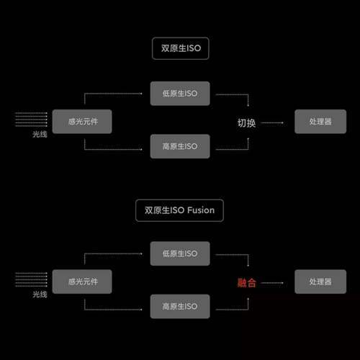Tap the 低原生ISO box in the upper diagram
pyautogui.click(x=180, y=94)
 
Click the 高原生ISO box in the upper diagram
pyautogui.click(x=180, y=146)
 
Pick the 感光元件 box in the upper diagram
pyautogui.click(x=82, y=122)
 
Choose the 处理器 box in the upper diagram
pyautogui.click(x=320, y=122)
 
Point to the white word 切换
pyautogui.click(x=246, y=123)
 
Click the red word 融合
pyautogui.click(x=246, y=283)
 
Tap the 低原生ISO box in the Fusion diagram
pyautogui.click(x=180, y=253)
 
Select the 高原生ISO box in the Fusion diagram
pyautogui.click(x=180, y=306)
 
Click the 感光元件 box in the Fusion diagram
pyautogui.click(x=82, y=282)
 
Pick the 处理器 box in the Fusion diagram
pyautogui.click(x=320, y=282)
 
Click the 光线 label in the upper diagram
pyautogui.click(x=40, y=134)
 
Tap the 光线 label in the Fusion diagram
pyautogui.click(x=40, y=294)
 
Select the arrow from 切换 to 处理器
pyautogui.click(x=272, y=123)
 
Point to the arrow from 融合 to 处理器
pyautogui.click(x=272, y=283)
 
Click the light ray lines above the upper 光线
pyautogui.click(x=31, y=120)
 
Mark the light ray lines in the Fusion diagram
pyautogui.click(x=31, y=279)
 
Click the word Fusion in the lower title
pyautogui.click(x=201, y=210)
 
